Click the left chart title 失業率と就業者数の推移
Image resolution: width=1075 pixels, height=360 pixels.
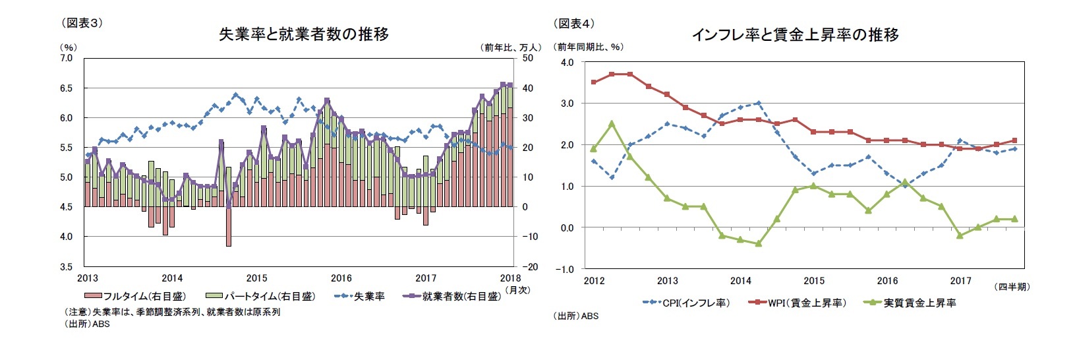pos(303,34)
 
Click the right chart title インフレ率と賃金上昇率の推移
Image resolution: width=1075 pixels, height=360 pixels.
pos(795,35)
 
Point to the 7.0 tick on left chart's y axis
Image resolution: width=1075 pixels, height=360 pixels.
pos(67,58)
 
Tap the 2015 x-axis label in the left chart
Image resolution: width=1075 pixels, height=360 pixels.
pos(256,278)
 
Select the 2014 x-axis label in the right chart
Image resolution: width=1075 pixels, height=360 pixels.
pos(740,281)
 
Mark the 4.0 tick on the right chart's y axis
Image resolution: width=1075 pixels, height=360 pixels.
pos(567,62)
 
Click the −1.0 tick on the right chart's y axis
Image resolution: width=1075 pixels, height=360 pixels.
pos(566,269)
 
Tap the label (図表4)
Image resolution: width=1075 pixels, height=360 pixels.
pos(574,24)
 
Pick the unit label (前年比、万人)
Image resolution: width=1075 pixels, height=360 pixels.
pos(511,47)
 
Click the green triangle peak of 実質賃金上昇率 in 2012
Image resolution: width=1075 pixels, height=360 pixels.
pos(612,123)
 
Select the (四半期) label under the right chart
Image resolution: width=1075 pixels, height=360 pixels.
pos(1011,286)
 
